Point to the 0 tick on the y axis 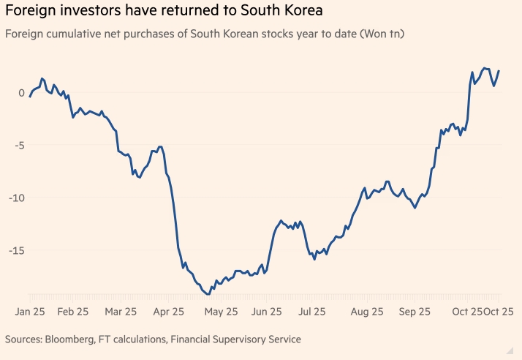(x=21, y=93)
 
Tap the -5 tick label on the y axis (x=19, y=145)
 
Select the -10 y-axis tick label (x=16, y=198)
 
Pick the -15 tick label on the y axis (x=16, y=250)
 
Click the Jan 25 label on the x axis (x=30, y=312)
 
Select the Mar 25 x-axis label (x=121, y=312)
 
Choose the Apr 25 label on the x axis (x=168, y=312)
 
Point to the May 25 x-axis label (x=221, y=312)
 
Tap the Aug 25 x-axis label (x=367, y=312)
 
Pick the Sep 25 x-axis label (x=414, y=312)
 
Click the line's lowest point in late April (x=208, y=294)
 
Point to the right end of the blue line (x=499, y=71)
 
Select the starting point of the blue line (x=30, y=96)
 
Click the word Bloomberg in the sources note (x=74, y=340)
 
